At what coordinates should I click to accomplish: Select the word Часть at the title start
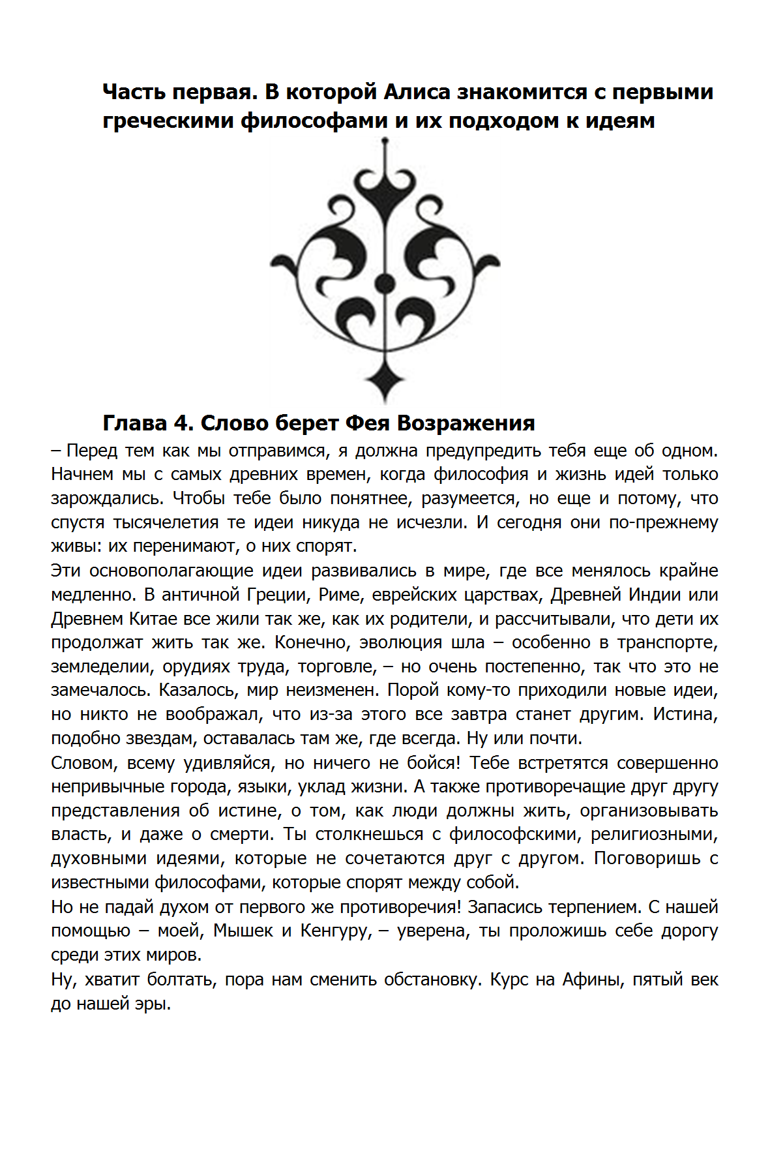[x=134, y=92]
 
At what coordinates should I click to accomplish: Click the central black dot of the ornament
[x=385, y=284]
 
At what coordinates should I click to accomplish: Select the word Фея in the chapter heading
[x=367, y=423]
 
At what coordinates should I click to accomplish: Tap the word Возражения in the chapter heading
[x=466, y=423]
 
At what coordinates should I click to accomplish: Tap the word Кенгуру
[x=336, y=931]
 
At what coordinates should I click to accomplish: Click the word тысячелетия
[x=166, y=523]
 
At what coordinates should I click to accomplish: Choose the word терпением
[x=586, y=907]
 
